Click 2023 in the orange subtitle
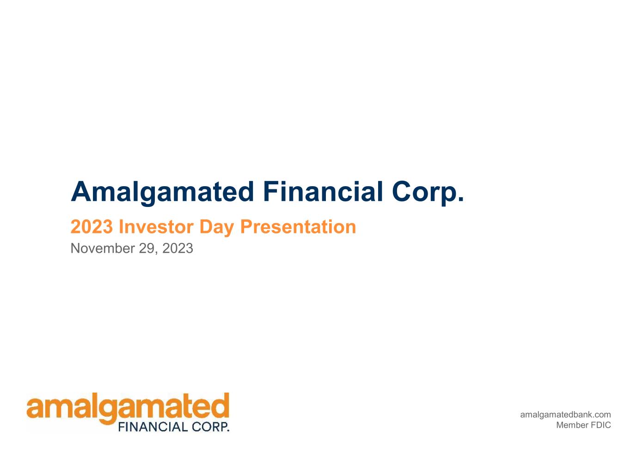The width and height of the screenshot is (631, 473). click(92, 227)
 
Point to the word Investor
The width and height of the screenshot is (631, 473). click(156, 227)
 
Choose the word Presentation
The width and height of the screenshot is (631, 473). click(298, 227)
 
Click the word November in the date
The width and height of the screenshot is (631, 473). click(103, 248)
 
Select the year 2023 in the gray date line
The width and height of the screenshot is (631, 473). click(178, 248)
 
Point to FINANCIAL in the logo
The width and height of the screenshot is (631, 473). click(153, 427)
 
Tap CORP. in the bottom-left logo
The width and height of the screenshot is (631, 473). click(210, 427)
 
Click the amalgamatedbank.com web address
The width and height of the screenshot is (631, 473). click(565, 415)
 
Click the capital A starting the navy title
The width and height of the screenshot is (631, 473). click(81, 191)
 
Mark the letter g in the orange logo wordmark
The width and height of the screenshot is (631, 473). click(108, 411)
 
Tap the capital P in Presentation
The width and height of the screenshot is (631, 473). click(246, 227)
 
